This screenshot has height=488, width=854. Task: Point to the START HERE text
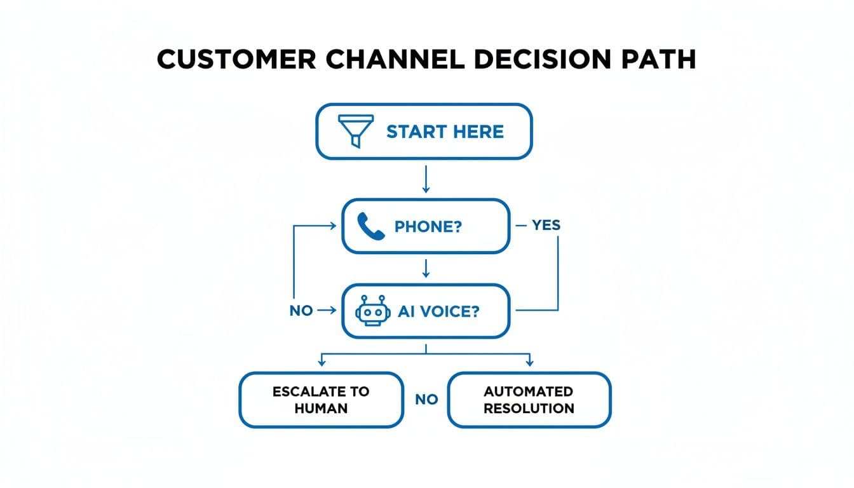tap(445, 132)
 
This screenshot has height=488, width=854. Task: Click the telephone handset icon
tap(371, 226)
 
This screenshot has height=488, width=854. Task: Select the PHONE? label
tap(428, 227)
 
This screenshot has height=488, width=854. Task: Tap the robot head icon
tap(371, 311)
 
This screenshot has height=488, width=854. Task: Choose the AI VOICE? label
tap(438, 311)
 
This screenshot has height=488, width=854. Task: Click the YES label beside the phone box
tap(546, 226)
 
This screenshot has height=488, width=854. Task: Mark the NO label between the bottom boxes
tap(426, 400)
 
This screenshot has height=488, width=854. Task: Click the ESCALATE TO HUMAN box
tap(321, 400)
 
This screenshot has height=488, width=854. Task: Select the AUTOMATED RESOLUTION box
tap(529, 400)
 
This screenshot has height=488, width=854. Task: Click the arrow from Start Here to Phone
tap(426, 179)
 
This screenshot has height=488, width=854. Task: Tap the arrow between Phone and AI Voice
tap(426, 269)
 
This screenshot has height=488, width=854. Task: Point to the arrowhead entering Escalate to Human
tap(322, 362)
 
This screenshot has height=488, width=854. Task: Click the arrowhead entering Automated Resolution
tap(529, 362)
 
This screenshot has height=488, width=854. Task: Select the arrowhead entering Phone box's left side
tap(332, 225)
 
